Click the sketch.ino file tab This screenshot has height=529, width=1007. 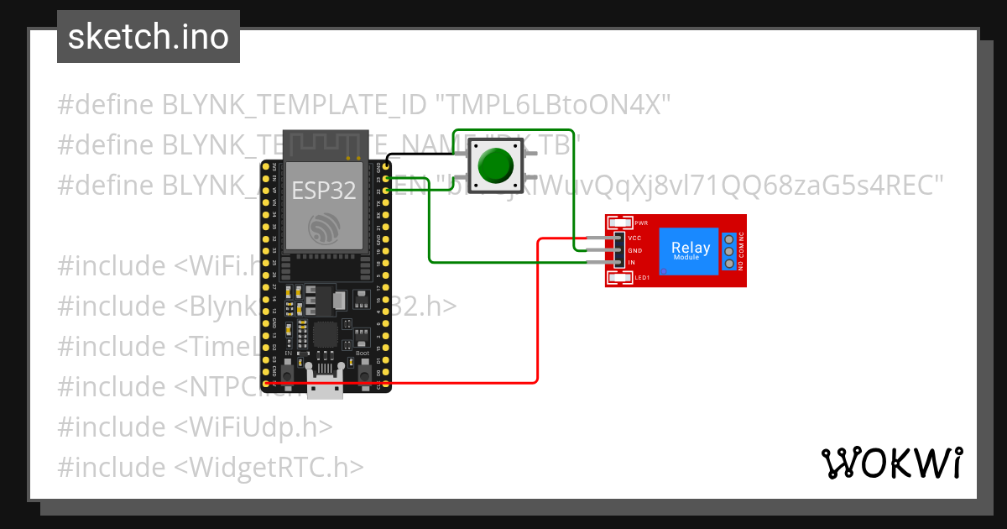[148, 37]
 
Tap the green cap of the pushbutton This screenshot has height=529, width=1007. [495, 166]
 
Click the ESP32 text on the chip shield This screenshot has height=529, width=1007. [323, 191]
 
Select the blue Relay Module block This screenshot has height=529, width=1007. [691, 251]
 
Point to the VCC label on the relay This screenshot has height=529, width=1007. [635, 238]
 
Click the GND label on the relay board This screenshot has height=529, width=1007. [635, 250]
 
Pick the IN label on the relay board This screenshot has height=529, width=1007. [632, 263]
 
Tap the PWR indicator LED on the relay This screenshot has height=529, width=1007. [621, 223]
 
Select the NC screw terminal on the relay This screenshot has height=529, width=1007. [729, 239]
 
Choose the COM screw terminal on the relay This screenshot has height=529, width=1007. [729, 252]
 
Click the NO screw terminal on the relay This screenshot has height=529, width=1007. [729, 264]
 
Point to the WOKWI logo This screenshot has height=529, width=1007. [891, 463]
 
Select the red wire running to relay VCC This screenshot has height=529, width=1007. [537, 319]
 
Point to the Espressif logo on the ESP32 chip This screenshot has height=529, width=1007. [323, 228]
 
